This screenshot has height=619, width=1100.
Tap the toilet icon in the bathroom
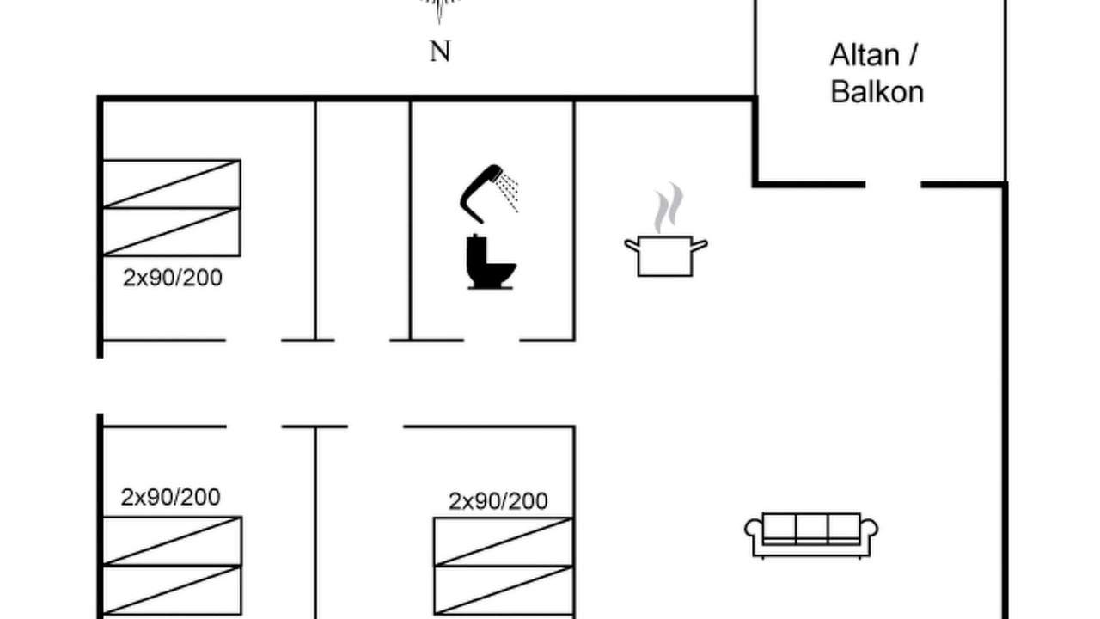coord(490,261)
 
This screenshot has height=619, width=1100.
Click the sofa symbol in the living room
coord(811,536)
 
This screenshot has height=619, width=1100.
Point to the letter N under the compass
coord(439,51)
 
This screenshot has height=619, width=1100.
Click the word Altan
coord(865,55)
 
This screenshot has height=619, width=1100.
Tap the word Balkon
coord(877,92)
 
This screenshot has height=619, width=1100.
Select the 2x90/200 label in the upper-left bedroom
coord(173,278)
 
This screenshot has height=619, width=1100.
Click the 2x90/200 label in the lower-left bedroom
coord(170,497)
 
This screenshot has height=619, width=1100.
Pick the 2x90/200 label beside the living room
coord(498,501)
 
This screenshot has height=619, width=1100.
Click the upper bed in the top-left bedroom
coord(171,184)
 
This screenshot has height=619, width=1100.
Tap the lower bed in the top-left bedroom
coord(171,232)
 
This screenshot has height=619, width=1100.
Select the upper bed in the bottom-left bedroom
coord(173,541)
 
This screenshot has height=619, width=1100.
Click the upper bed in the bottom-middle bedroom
coord(504,542)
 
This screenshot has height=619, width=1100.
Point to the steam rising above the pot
coord(669,207)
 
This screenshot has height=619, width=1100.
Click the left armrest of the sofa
coord(754,530)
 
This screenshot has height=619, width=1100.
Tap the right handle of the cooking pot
coord(700,246)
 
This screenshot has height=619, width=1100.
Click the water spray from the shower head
coord(507,192)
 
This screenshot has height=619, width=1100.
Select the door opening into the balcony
coord(893,185)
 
